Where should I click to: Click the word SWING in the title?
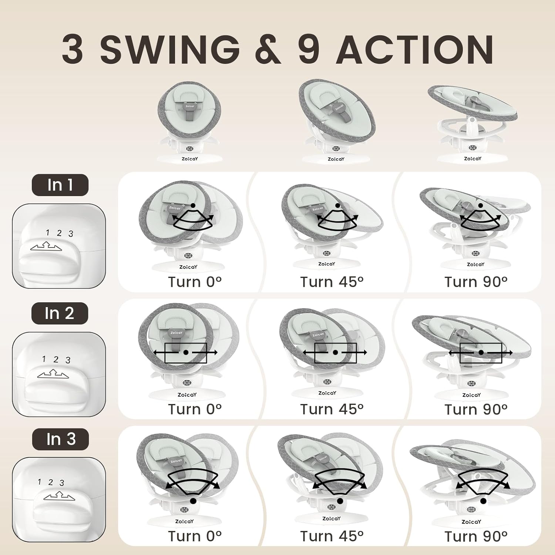(x=170, y=50)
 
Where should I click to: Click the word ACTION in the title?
(x=414, y=50)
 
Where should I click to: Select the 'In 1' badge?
(x=60, y=185)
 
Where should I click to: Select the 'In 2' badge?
(x=60, y=313)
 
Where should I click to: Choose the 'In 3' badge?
(x=61, y=439)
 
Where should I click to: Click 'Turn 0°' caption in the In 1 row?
(x=195, y=282)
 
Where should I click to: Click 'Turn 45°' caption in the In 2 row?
(x=332, y=409)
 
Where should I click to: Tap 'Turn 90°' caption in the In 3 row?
(x=476, y=536)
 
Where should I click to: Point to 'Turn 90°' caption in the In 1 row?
(x=476, y=282)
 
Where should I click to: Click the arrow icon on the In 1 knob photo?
(x=46, y=246)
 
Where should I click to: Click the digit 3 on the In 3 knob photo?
(x=62, y=483)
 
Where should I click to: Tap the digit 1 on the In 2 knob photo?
(x=44, y=359)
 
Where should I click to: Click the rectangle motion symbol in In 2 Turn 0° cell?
(x=186, y=353)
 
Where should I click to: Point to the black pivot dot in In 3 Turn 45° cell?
(x=340, y=501)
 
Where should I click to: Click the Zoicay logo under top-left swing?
(x=189, y=159)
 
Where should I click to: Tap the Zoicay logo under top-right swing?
(x=472, y=158)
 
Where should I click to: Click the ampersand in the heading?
(x=268, y=50)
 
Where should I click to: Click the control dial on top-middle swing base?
(x=336, y=149)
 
